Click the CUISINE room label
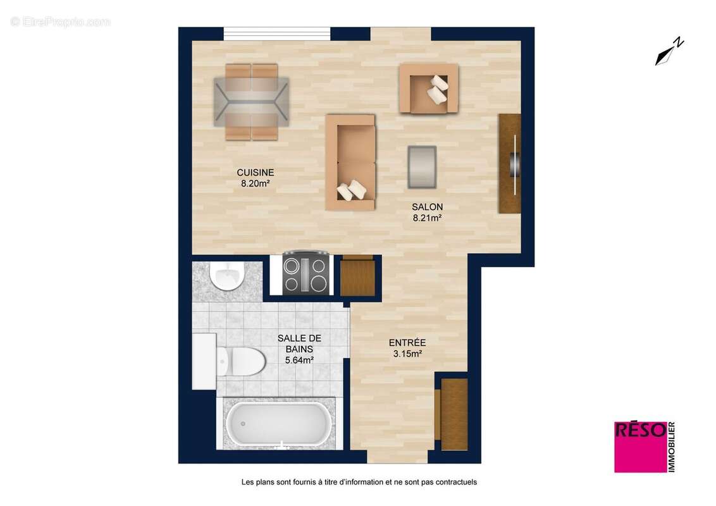pos(255,172)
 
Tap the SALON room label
pos(427,207)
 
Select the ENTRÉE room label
pos(407,343)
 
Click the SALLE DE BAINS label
pos(295,343)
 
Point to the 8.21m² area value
pos(427,218)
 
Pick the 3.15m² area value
pos(407,354)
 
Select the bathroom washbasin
pos(227,276)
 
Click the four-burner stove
pos(306,274)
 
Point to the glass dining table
pos(251,102)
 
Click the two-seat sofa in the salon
pos(350,162)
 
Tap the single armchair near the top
pos(428,89)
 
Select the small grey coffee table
pos(422,166)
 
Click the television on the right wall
pos(515,163)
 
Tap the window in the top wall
pos(277,34)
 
